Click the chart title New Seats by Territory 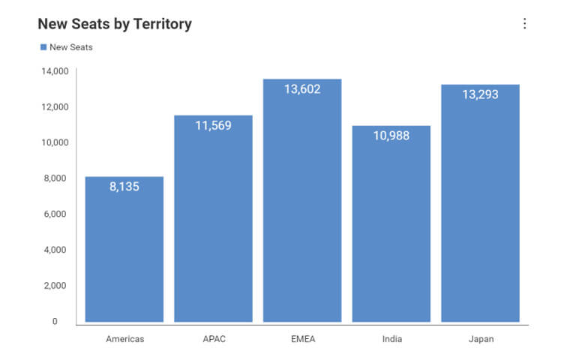[x=115, y=24]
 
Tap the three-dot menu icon [x=524, y=23]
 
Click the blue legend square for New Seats [x=43, y=47]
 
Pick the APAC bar [x=213, y=225]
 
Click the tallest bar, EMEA [x=302, y=210]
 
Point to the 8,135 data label [x=124, y=187]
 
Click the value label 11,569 [x=213, y=125]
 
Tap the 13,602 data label [x=302, y=89]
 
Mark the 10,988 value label [x=391, y=136]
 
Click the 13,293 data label [x=480, y=94]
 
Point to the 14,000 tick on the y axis [x=55, y=71]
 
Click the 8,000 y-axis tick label [x=56, y=178]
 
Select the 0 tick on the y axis [x=55, y=321]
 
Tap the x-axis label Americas [x=124, y=339]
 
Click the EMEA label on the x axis [x=302, y=339]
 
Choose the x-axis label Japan [x=480, y=339]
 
